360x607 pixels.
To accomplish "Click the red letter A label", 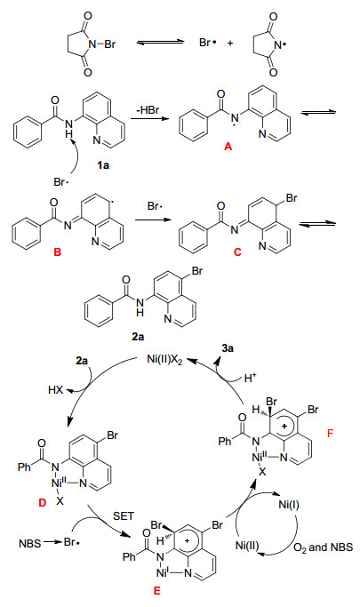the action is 228,147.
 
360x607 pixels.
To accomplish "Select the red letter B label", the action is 57,252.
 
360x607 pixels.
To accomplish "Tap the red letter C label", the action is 237,252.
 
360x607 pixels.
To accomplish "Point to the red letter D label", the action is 42,502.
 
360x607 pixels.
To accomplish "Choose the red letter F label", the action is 330,433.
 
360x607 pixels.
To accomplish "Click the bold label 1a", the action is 103,165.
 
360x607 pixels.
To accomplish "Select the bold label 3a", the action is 228,348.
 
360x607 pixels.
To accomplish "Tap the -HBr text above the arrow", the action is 148,110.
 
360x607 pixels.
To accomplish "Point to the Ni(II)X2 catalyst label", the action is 164,360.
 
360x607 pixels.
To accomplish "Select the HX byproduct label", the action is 56,390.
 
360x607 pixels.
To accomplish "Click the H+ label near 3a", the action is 250,378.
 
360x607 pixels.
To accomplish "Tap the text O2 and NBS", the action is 324,547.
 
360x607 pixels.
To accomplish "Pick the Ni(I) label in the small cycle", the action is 289,505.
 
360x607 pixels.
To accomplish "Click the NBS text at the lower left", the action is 30,544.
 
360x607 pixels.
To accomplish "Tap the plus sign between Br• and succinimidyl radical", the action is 230,44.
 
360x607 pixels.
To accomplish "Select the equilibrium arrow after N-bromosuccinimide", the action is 160,43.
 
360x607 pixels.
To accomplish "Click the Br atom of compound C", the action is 292,198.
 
